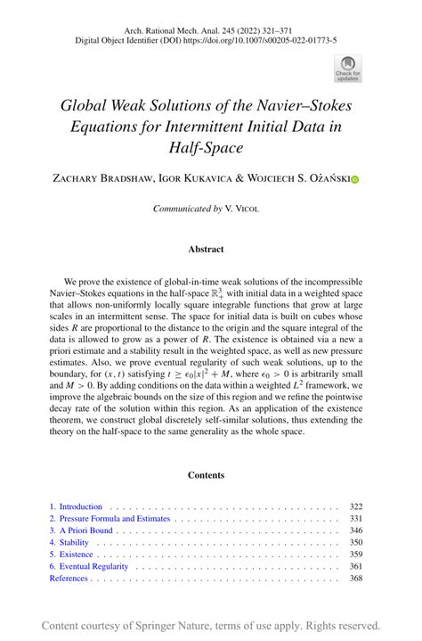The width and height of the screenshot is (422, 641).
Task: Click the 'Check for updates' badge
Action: pyautogui.click(x=346, y=68)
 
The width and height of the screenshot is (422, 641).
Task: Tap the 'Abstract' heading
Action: pyautogui.click(x=211, y=250)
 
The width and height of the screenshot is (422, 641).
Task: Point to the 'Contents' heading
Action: pyautogui.click(x=211, y=475)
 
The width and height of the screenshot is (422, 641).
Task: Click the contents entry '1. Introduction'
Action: pyautogui.click(x=77, y=506)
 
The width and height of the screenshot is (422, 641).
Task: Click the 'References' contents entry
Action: pyautogui.click(x=69, y=578)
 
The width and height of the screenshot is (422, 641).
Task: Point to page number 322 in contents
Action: pyautogui.click(x=356, y=506)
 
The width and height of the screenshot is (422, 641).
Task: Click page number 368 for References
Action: pyautogui.click(x=356, y=578)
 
